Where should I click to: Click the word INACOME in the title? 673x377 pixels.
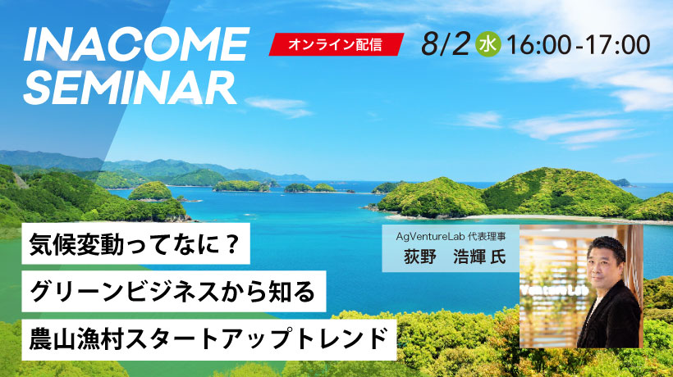(136, 43)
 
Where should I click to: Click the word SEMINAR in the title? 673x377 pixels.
(130, 88)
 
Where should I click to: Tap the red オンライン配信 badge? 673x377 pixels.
(336, 44)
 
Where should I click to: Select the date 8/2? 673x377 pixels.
(445, 44)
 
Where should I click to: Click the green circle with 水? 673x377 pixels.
(488, 44)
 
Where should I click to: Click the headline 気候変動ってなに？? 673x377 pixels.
(135, 243)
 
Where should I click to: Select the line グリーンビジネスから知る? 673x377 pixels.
(174, 291)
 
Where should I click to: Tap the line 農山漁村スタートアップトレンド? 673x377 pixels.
(209, 339)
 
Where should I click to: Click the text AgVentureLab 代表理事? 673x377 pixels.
(451, 236)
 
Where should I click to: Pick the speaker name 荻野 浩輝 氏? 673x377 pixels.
(455, 257)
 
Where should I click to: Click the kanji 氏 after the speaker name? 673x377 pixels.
(498, 257)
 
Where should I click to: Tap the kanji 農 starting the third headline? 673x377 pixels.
(41, 339)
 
